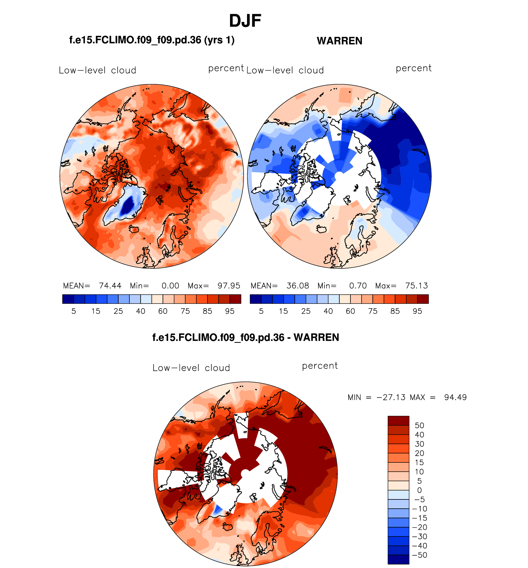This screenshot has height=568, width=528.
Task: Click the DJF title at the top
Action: click(x=245, y=21)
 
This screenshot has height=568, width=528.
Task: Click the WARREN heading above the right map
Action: click(x=339, y=41)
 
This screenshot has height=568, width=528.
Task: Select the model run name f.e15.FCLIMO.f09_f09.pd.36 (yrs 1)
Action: click(x=152, y=40)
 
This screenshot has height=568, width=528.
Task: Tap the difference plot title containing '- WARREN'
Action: click(x=245, y=337)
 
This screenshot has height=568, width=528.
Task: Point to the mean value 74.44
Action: click(x=110, y=286)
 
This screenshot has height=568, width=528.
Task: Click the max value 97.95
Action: click(x=229, y=286)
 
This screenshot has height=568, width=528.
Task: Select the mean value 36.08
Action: click(x=298, y=286)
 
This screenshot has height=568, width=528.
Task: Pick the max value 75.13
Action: click(x=417, y=286)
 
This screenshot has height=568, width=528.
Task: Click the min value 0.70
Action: click(x=358, y=286)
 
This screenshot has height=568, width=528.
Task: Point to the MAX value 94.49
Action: click(x=455, y=397)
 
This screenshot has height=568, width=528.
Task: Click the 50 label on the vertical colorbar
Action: click(x=419, y=425)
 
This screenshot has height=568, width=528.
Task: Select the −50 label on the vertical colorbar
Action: click(x=419, y=555)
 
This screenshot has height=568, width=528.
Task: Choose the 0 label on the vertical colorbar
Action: click(x=419, y=490)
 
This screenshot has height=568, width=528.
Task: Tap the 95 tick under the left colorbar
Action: click(x=230, y=311)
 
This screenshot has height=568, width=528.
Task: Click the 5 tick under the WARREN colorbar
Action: click(x=261, y=311)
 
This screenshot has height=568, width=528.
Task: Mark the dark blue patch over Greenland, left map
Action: click(x=128, y=204)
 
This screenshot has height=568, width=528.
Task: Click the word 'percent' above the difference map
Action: click(x=320, y=366)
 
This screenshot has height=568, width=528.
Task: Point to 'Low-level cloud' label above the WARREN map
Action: click(x=285, y=70)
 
